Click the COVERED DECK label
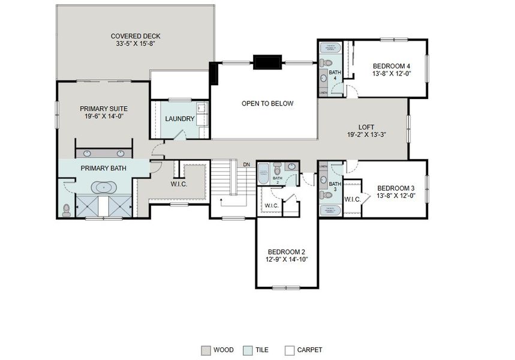[x=135, y=36]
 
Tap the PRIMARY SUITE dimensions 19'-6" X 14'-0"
[x=104, y=117]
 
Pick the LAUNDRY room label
[x=180, y=119]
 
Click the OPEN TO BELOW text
[x=267, y=104]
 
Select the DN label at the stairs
[x=246, y=164]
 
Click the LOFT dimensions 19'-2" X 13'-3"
[x=366, y=135]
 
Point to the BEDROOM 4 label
[x=391, y=66]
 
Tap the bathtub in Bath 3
[x=330, y=209]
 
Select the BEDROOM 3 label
[x=396, y=188]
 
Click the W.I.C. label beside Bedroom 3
[x=352, y=199]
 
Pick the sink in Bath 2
[x=291, y=167]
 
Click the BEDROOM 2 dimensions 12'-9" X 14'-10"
[x=287, y=260]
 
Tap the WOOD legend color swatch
[x=206, y=350]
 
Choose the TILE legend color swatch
[x=248, y=350]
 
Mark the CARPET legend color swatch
[x=290, y=350]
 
